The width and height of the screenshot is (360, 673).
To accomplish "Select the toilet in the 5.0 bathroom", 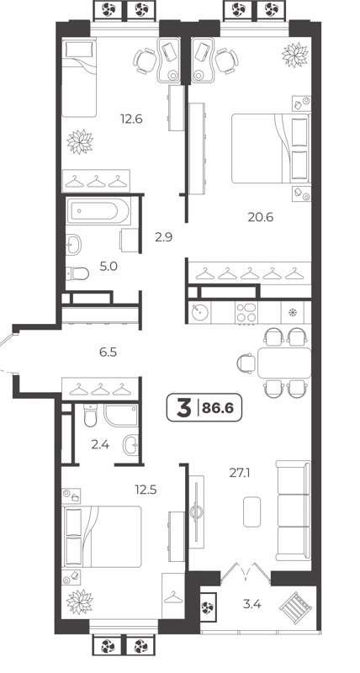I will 77,273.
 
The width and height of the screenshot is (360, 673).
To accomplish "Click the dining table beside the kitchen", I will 283,363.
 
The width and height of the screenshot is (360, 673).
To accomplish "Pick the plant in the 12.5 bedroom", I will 81,603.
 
